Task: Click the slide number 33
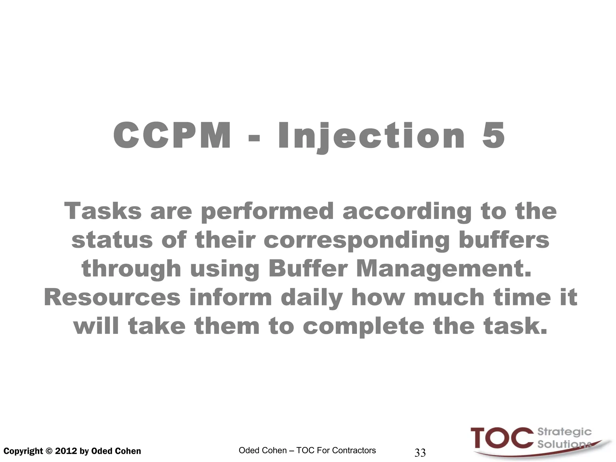tap(420, 452)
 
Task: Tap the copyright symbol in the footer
tap(49, 451)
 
